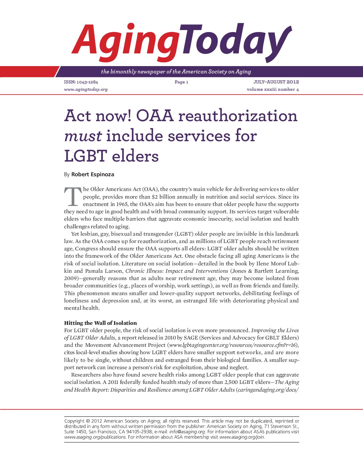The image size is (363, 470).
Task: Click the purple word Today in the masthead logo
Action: [x=234, y=42]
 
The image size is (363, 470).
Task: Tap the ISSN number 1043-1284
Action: [x=87, y=82]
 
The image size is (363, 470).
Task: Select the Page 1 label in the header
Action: [x=181, y=82]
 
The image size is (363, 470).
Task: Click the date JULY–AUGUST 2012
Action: [x=276, y=82]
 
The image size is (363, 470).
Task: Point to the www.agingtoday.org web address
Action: [x=86, y=89]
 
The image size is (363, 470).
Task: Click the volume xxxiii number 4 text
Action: [x=273, y=89]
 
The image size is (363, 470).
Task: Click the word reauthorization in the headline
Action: [x=238, y=116]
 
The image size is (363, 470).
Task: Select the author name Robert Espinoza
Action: [x=93, y=174]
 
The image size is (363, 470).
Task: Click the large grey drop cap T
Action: [x=73, y=197]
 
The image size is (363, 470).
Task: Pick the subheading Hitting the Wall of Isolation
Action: [x=100, y=323]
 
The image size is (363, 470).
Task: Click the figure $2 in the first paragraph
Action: [x=154, y=197]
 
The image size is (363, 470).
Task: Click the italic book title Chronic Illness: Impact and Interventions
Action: [x=177, y=271]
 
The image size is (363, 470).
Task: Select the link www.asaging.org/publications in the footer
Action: [x=95, y=437]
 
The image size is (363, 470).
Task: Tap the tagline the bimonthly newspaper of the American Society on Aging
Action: [x=176, y=72]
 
